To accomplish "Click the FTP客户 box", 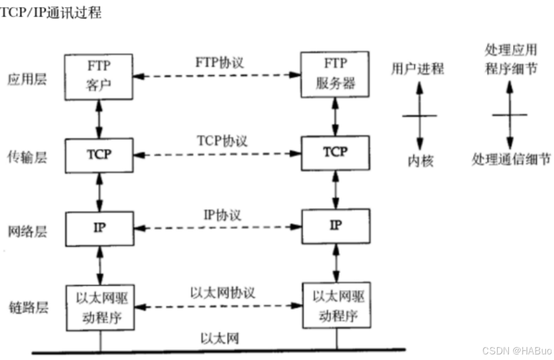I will pos(99,77).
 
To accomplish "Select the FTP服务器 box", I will pos(335,74).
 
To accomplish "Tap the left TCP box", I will pos(99,155).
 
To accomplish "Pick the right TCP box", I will pos(335,152).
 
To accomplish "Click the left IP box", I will pos(99,228).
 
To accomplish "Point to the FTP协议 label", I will pos(217,62).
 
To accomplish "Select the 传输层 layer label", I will pos(27,157).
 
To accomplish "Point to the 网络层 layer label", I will pos(27,231).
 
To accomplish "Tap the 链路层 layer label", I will pos(27,307).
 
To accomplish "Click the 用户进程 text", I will pos(417,69).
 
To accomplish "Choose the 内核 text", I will pos(420,161).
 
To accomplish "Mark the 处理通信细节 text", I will pos(511,160).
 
